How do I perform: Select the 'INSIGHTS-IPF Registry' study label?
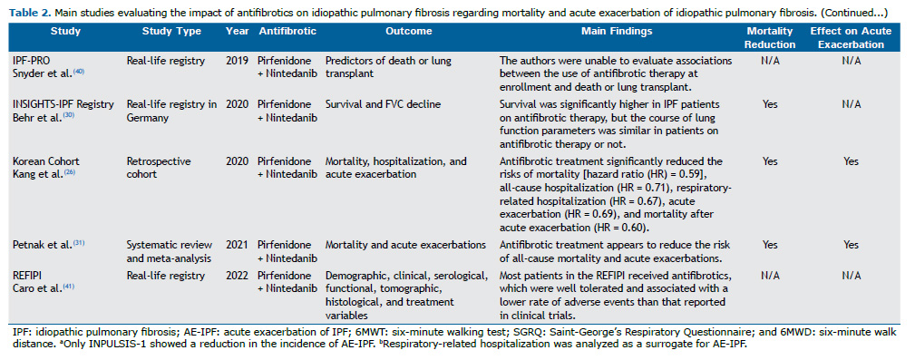(63, 104)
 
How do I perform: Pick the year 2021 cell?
(235, 245)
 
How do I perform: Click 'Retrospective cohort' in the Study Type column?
(159, 167)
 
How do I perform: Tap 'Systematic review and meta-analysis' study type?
(169, 250)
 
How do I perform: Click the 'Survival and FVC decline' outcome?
(378, 104)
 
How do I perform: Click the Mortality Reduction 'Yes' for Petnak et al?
(769, 245)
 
